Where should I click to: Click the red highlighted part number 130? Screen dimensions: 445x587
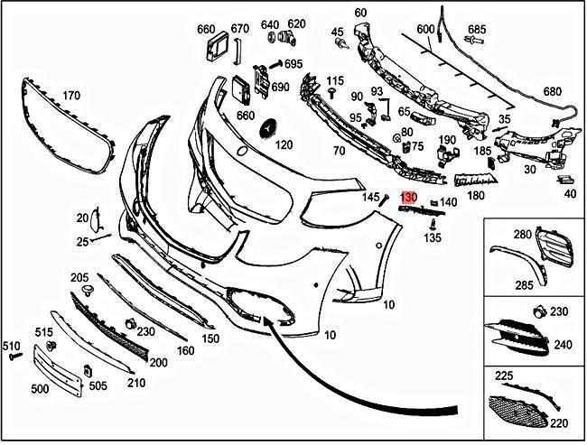[x=408, y=197]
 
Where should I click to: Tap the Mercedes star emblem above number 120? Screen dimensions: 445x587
[x=268, y=130]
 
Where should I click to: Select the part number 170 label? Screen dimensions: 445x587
[x=70, y=95]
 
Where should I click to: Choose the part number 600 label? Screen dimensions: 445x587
[x=425, y=29]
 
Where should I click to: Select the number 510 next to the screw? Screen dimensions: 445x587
[x=11, y=346]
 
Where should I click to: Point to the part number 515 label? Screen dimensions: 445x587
[x=44, y=333]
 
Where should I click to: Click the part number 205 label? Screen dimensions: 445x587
[x=79, y=277]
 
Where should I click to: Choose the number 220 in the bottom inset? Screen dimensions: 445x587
[x=560, y=421]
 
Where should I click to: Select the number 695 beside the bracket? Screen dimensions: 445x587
[x=293, y=64]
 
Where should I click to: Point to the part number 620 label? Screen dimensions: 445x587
[x=296, y=23]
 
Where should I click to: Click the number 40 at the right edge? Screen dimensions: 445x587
[x=569, y=192]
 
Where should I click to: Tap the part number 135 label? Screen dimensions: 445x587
[x=433, y=238]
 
